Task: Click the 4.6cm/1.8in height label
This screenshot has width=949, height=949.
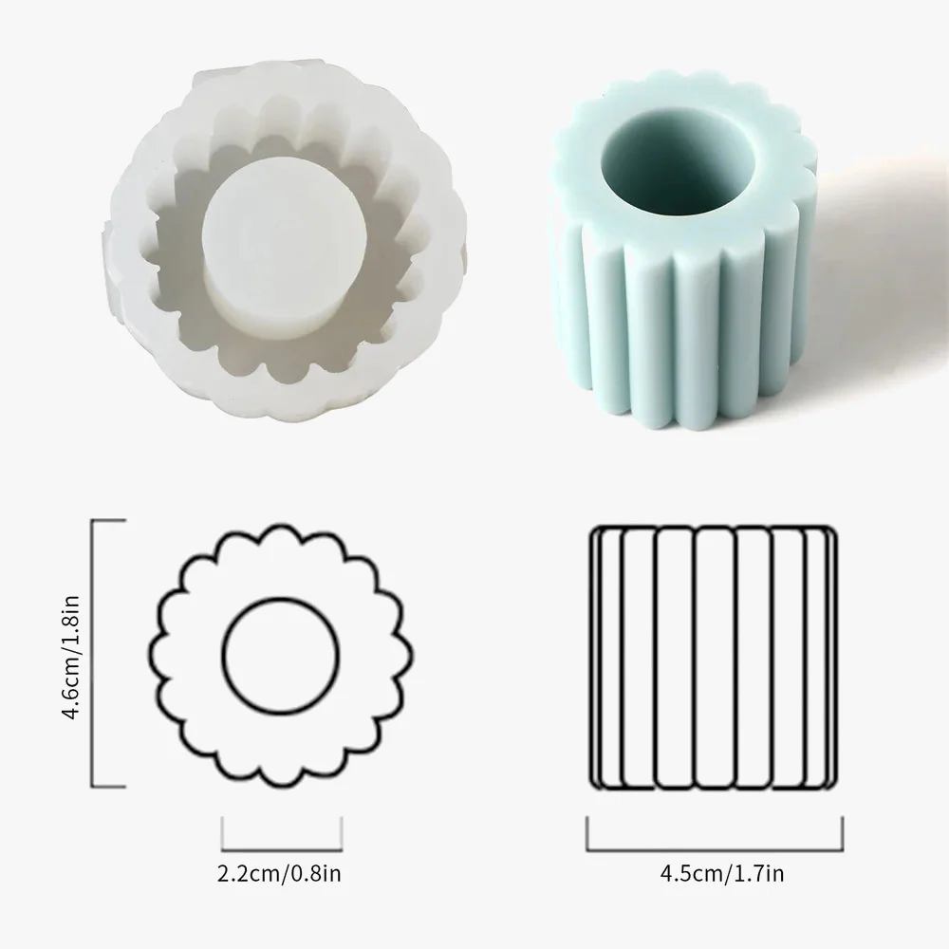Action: coord(71,657)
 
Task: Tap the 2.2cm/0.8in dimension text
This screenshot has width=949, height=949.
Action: coord(279,874)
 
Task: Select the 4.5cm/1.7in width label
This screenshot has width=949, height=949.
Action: coord(722,874)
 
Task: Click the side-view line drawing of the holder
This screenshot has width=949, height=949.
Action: coord(715,658)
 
